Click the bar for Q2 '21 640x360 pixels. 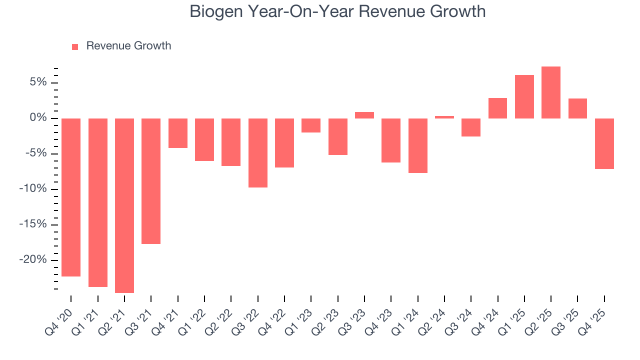coord(124,205)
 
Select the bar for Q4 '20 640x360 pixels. coord(71,197)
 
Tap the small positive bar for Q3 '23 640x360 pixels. coord(364,115)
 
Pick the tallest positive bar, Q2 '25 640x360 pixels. coord(551,92)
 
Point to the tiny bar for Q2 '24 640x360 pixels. coord(444,117)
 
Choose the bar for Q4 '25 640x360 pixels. coord(604,143)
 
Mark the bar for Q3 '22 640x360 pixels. coord(258,152)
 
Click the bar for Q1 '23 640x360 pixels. coord(311,125)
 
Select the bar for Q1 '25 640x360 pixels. coord(524,96)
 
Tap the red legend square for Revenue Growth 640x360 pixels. coord(75,46)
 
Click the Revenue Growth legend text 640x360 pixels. coord(128,46)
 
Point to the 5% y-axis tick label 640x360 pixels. coord(38,82)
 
